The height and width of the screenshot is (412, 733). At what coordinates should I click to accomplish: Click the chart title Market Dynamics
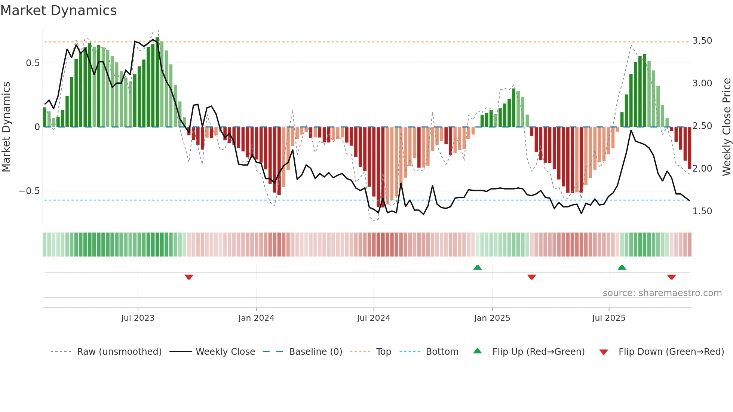[x=58, y=10]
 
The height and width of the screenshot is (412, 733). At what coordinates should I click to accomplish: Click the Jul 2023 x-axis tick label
[x=138, y=318]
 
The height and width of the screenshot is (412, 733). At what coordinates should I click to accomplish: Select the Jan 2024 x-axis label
[x=256, y=318]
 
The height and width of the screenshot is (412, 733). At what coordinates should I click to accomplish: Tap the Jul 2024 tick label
[x=374, y=318]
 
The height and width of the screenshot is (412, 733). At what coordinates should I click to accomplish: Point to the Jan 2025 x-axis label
[x=492, y=318]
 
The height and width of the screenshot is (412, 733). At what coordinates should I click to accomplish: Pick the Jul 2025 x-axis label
[x=608, y=318]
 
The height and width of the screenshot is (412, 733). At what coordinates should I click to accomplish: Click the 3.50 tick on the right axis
[x=702, y=41]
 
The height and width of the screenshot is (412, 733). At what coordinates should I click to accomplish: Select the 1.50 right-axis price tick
[x=702, y=211]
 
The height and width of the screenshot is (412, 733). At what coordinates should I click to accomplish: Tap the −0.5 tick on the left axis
[x=29, y=191]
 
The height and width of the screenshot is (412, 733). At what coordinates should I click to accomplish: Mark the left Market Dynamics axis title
[x=6, y=127]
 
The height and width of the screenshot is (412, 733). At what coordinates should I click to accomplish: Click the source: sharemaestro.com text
[x=662, y=293]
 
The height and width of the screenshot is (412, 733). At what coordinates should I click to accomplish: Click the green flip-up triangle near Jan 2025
[x=478, y=268]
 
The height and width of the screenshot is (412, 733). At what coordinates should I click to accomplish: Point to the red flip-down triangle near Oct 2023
[x=189, y=277]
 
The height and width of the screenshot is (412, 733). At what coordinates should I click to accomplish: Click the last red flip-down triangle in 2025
[x=671, y=277]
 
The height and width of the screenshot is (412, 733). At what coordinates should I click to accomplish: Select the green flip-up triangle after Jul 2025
[x=622, y=268]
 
